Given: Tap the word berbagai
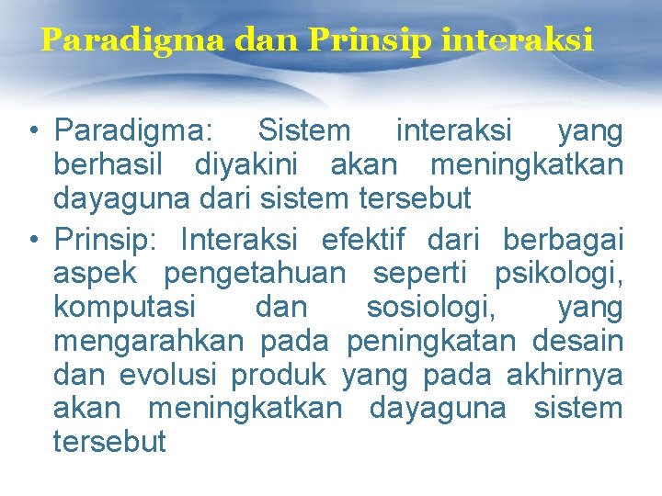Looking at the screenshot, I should [563, 241].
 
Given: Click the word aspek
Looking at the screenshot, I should [96, 275].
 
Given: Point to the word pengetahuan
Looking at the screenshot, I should [255, 275].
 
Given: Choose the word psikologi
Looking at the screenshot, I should [558, 275].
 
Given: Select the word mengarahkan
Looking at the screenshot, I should [148, 342].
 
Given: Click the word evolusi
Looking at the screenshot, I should [170, 376].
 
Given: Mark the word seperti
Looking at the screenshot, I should [420, 275].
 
